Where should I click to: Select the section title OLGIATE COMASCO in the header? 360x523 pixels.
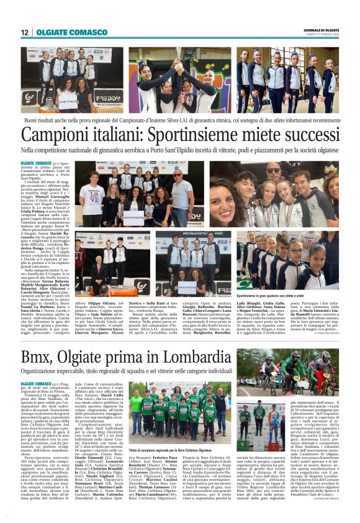(x=63, y=32)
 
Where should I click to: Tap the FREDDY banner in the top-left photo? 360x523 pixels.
(x=108, y=99)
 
